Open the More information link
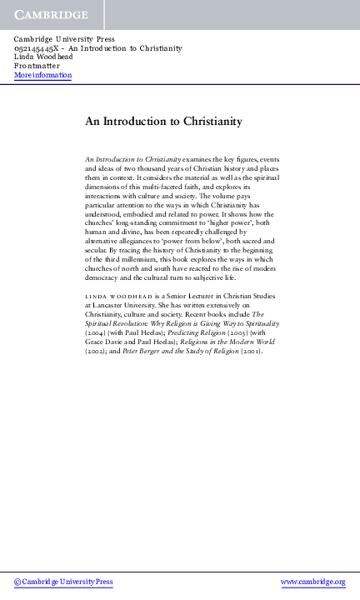43,75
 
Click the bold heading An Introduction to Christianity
163,122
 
